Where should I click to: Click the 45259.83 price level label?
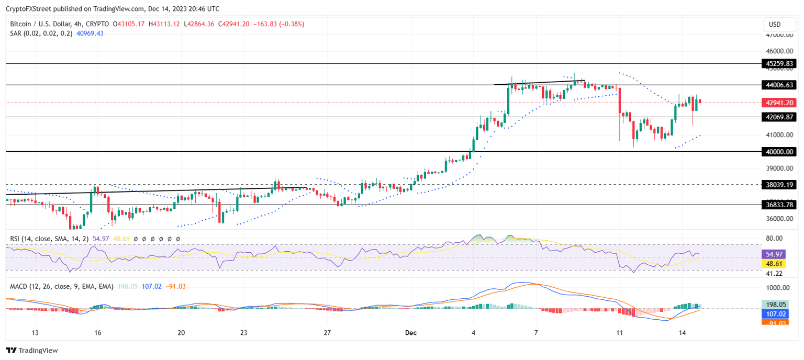pyautogui.click(x=779, y=64)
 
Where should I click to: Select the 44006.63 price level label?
pyautogui.click(x=779, y=85)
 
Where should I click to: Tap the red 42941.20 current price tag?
pyautogui.click(x=779, y=103)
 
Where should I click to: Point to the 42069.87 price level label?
pyautogui.click(x=779, y=117)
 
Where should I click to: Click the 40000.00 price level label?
pyautogui.click(x=779, y=152)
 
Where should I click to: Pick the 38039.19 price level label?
pyautogui.click(x=779, y=185)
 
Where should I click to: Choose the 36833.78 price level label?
pyautogui.click(x=779, y=205)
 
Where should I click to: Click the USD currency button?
pyautogui.click(x=774, y=25)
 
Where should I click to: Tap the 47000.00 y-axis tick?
pyautogui.click(x=779, y=35)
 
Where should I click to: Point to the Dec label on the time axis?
pyautogui.click(x=411, y=333)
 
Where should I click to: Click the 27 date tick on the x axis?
pyautogui.click(x=328, y=333)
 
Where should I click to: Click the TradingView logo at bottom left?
pyautogui.click(x=32, y=351)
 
